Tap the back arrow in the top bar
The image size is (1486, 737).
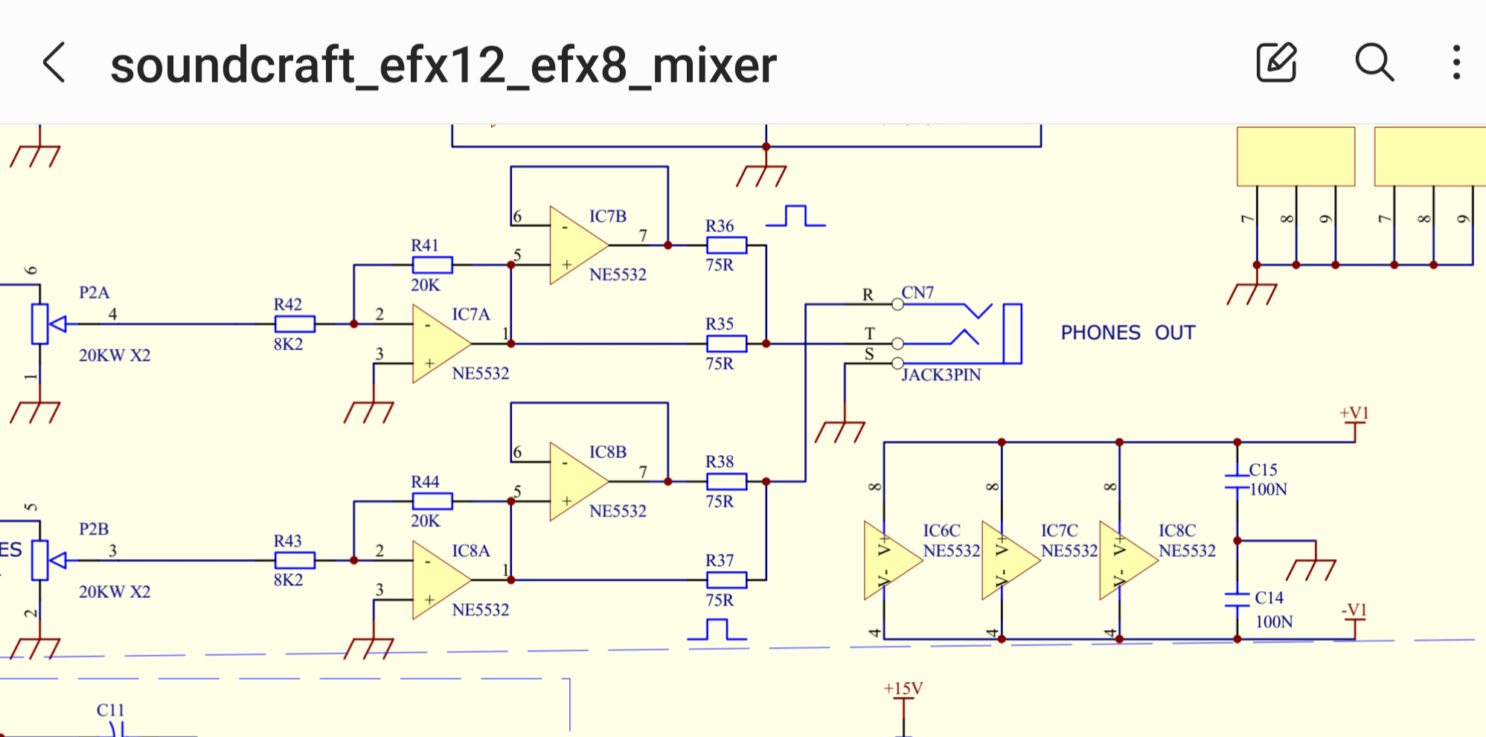[54, 62]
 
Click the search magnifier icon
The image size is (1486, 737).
[1374, 62]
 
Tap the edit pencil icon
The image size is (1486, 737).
[1277, 62]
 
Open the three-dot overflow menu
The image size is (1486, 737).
[1456, 62]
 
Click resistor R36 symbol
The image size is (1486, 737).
[726, 245]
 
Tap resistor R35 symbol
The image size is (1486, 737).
[726, 344]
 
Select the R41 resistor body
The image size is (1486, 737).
[432, 265]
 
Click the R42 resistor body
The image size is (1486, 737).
[295, 324]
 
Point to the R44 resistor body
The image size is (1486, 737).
[432, 501]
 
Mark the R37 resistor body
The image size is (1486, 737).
[726, 580]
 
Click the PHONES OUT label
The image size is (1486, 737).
[1127, 332]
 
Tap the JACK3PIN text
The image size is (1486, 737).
[941, 375]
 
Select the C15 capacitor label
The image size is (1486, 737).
[1263, 470]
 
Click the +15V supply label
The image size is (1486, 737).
[903, 689]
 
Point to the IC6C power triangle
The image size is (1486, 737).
[890, 561]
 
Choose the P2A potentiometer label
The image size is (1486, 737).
[95, 292]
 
